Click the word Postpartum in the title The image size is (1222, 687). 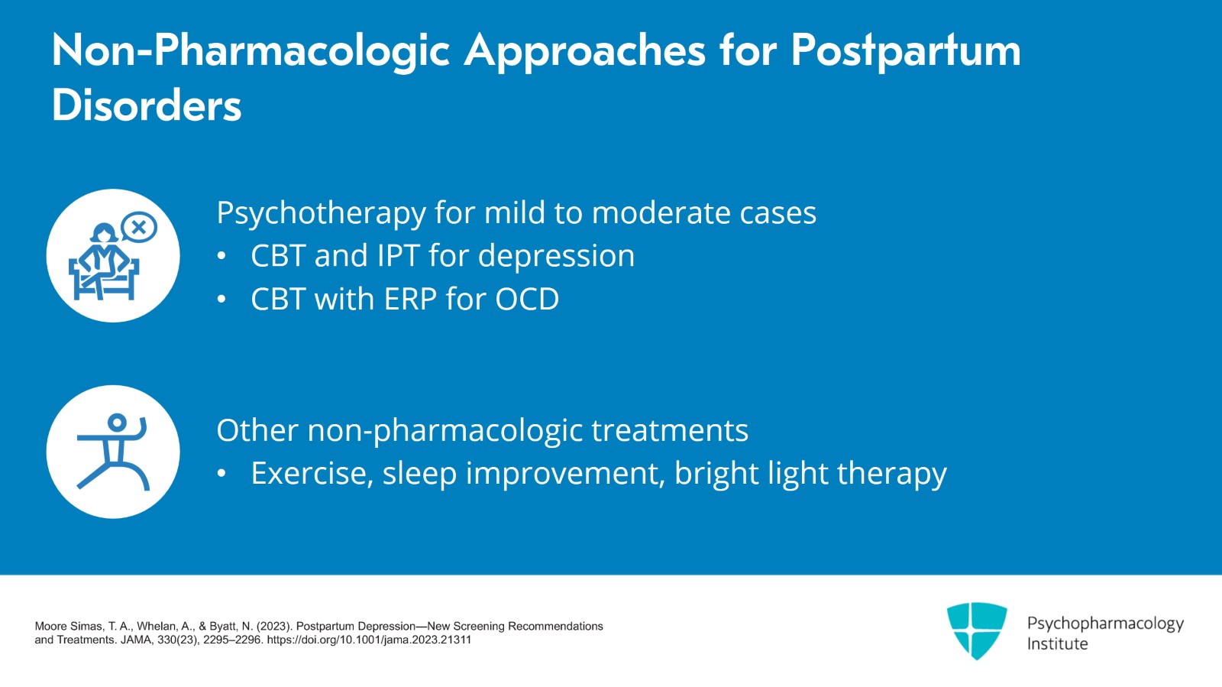[x=906, y=52]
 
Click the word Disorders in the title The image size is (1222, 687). [x=146, y=105]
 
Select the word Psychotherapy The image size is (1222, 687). [x=322, y=213]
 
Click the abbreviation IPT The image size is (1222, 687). [x=398, y=255]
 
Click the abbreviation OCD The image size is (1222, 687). [x=527, y=299]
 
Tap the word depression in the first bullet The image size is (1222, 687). [x=557, y=256]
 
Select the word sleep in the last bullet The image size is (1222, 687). [x=419, y=474]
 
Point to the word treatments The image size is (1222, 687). [x=670, y=430]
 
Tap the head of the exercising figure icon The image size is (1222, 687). [x=118, y=423]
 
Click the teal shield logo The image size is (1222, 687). [x=977, y=630]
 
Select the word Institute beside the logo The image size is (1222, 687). [x=1057, y=644]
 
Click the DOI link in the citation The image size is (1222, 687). [x=369, y=640]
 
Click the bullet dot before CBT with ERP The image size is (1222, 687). [x=221, y=299]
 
